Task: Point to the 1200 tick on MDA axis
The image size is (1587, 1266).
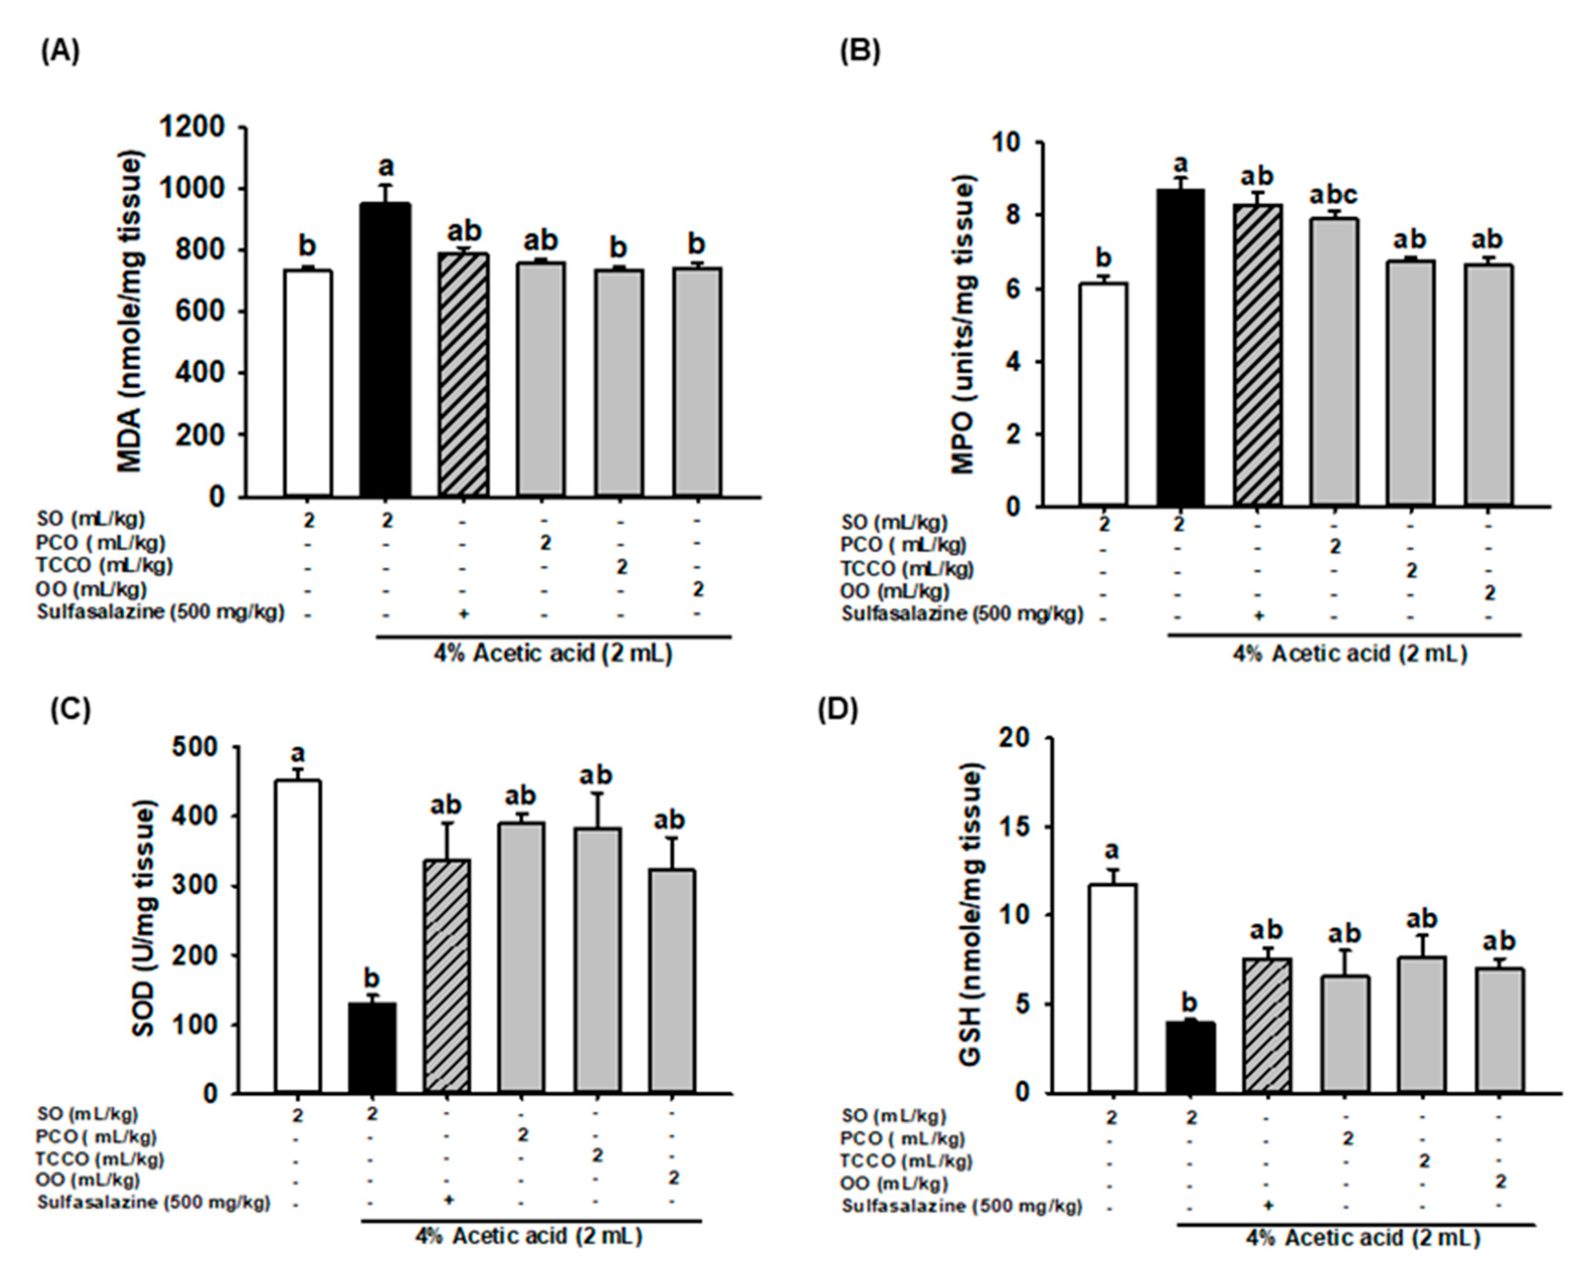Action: point(193,127)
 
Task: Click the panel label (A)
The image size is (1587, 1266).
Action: point(60,52)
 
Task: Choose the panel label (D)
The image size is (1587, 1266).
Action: point(838,710)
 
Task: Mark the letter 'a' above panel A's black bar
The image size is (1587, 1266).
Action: point(386,167)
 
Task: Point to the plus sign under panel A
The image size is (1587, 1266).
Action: point(463,613)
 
